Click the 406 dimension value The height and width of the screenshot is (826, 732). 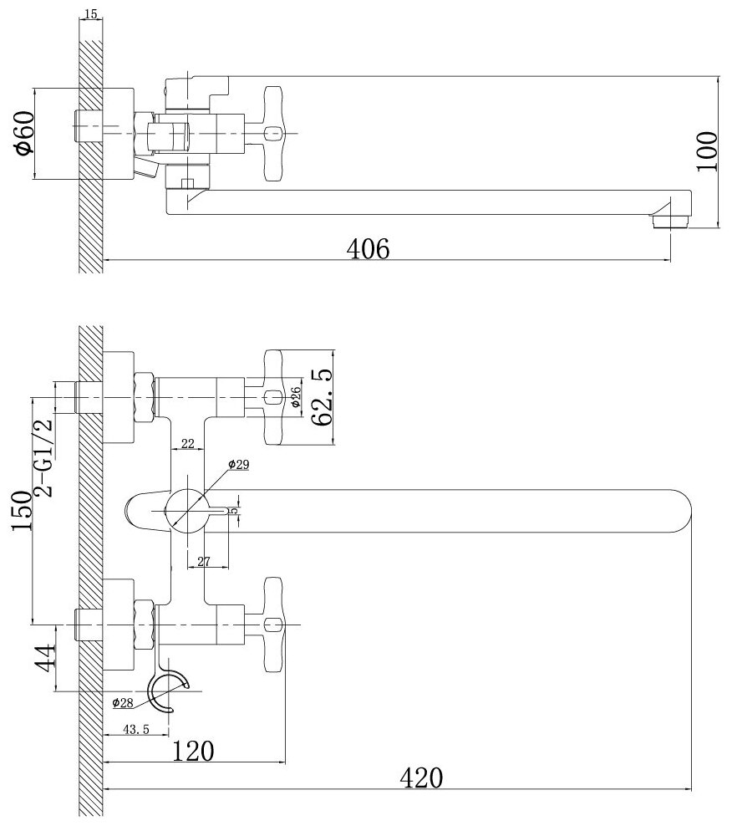tap(369, 247)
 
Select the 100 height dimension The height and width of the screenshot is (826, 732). tap(708, 151)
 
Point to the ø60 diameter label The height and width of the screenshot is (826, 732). tap(23, 133)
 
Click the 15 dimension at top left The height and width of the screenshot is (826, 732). tap(91, 14)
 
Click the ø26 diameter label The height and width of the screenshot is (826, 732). tap(296, 396)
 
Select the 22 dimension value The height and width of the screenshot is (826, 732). tap(186, 444)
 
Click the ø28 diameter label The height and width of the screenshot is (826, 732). tap(123, 702)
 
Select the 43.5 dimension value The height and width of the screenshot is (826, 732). tap(135, 729)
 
